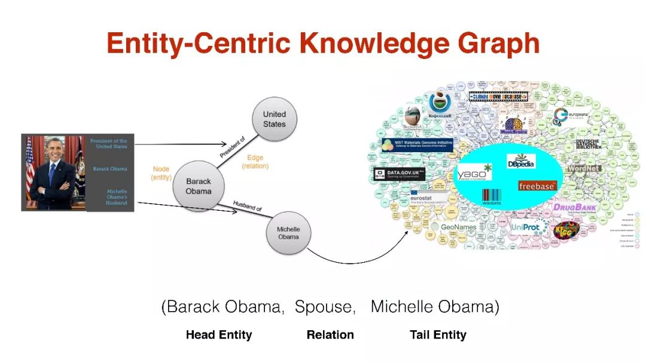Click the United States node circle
pos(275,119)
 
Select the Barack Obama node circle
pos(198,186)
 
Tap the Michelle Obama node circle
pos(288,233)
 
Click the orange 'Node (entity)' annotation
pos(161,173)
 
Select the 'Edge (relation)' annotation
pos(255,162)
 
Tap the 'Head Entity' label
pos(219,335)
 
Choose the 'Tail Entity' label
pos(438,335)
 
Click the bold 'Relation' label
pos(330,335)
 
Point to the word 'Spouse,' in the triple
pos(327,307)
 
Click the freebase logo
pos(537,186)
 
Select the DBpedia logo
pos(521,162)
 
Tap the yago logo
pos(474,173)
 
